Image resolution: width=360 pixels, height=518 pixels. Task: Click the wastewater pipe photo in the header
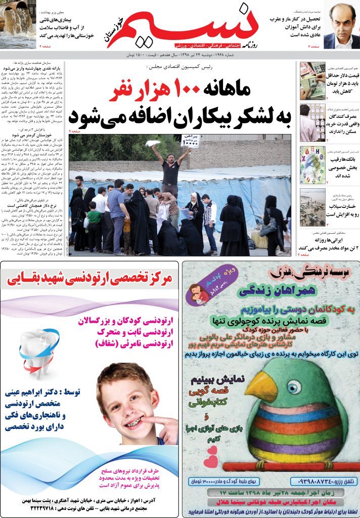pyautogui.click(x=18, y=24)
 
